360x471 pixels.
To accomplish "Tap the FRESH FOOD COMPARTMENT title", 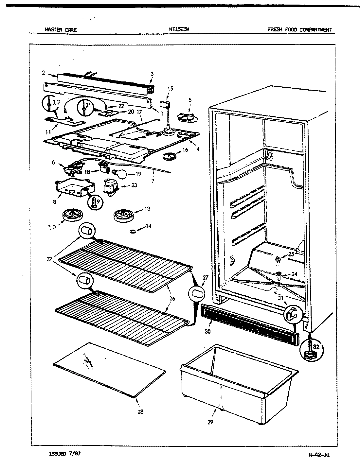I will (x=299, y=30).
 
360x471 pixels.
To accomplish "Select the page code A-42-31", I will (x=321, y=454).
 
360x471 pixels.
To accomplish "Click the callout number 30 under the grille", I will (x=207, y=331).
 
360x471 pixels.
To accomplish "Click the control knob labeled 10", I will (x=72, y=216).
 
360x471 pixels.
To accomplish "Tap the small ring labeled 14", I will (x=133, y=231).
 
